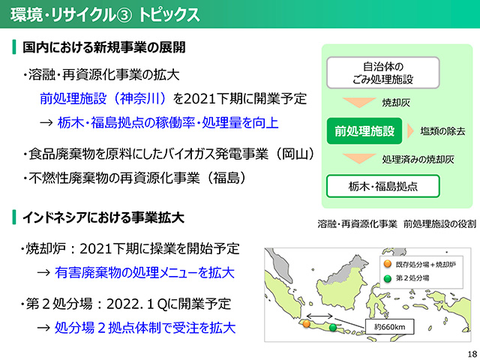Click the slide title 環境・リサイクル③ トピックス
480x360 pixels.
pyautogui.click(x=105, y=15)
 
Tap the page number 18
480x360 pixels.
pyautogui.click(x=472, y=353)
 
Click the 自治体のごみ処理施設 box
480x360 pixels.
pyautogui.click(x=383, y=73)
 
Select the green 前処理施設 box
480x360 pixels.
pyautogui.click(x=364, y=131)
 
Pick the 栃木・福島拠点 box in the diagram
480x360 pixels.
pyautogui.click(x=383, y=186)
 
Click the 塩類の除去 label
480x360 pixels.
pyautogui.click(x=442, y=131)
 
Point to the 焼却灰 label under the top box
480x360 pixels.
pyautogui.click(x=396, y=103)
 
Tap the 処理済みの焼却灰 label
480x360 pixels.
pyautogui.click(x=418, y=160)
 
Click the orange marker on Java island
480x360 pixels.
pyautogui.click(x=307, y=323)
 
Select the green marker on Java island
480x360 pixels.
pyautogui.click(x=333, y=328)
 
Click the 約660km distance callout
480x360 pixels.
pyautogui.click(x=389, y=327)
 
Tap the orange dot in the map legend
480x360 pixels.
pyautogui.click(x=388, y=264)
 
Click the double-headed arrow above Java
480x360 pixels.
pyautogui.click(x=319, y=316)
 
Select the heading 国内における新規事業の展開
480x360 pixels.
pyautogui.click(x=104, y=47)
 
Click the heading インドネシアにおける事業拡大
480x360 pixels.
pyautogui.click(x=103, y=217)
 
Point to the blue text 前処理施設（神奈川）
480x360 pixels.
pyautogui.click(x=103, y=98)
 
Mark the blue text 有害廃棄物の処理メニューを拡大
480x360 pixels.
pyautogui.click(x=145, y=272)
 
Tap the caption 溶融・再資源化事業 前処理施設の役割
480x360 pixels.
pyautogui.click(x=397, y=224)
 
